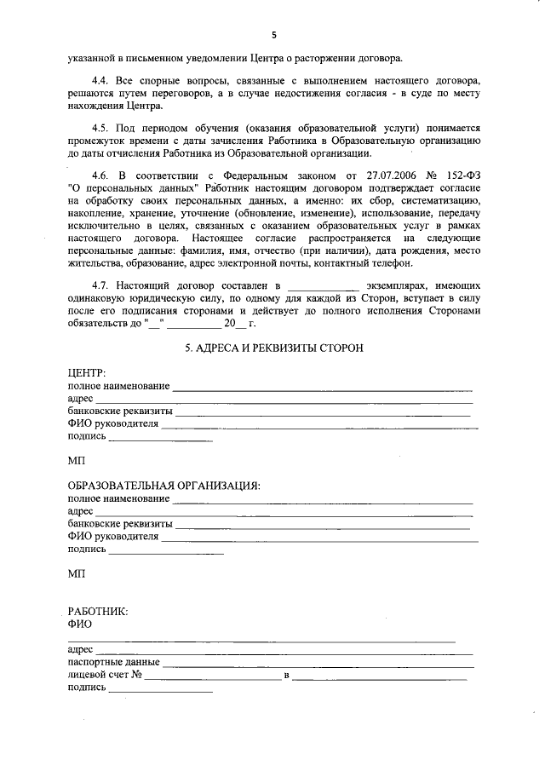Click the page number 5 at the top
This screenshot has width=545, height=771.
(273, 35)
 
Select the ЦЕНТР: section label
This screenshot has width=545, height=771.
(87, 374)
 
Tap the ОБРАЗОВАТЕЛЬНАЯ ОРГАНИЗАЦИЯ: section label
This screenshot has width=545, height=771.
(163, 486)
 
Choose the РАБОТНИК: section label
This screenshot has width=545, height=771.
(98, 611)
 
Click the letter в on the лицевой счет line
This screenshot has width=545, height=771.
(287, 676)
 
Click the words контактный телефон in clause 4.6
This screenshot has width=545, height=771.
(374, 265)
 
